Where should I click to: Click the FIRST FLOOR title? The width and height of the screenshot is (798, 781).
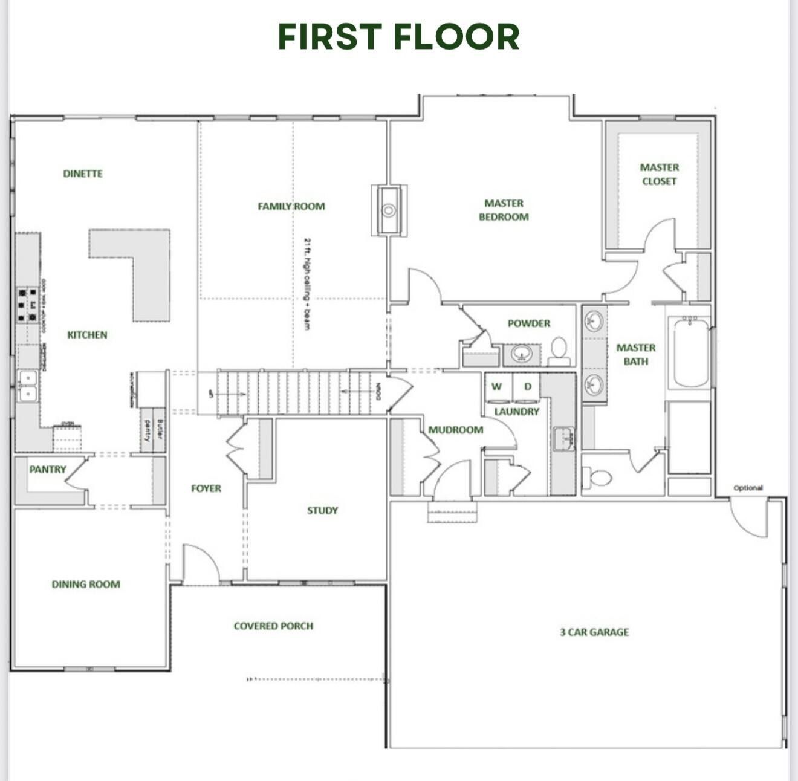click(x=398, y=36)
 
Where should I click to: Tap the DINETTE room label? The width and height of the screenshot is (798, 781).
click(x=83, y=173)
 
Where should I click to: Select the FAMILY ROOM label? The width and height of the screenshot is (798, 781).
click(x=291, y=206)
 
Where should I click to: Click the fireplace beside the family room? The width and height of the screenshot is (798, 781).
click(x=389, y=210)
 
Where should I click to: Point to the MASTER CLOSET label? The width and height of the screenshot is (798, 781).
click(x=659, y=174)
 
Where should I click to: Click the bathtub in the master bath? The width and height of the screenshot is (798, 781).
click(x=691, y=353)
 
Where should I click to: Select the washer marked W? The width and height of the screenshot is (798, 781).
click(x=497, y=387)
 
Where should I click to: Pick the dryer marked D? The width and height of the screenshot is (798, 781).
click(x=527, y=387)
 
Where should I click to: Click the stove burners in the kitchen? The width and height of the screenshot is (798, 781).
click(x=27, y=303)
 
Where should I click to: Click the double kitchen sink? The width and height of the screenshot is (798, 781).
click(x=27, y=386)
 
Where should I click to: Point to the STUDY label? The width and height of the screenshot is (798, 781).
click(x=322, y=510)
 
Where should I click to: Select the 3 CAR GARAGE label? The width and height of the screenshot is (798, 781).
click(x=594, y=632)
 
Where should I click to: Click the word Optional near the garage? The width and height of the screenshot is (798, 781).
click(x=748, y=488)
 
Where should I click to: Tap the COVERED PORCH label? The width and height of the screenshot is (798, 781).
click(x=273, y=626)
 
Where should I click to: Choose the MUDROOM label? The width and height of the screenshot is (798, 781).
click(x=455, y=430)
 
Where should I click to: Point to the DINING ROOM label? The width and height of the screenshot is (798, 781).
click(x=86, y=584)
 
